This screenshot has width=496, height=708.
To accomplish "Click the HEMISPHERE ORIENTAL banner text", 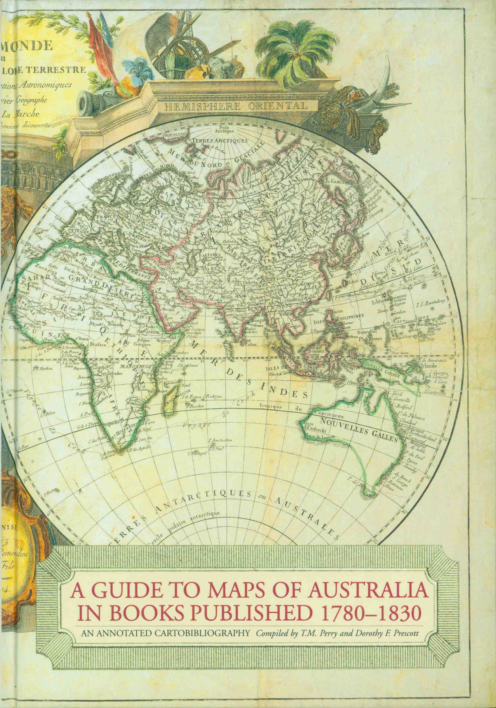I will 236,107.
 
